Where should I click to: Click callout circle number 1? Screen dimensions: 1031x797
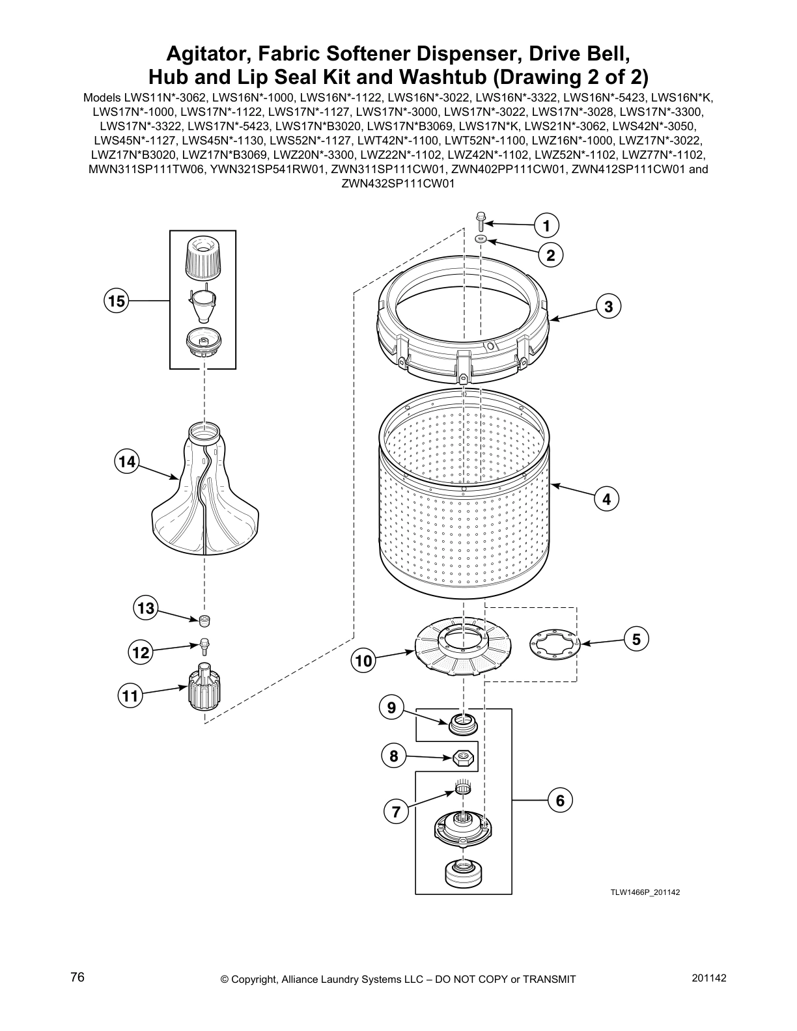click(x=546, y=226)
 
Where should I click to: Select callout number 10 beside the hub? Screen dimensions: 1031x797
click(x=363, y=661)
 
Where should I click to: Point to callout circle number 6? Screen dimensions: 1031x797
click(x=560, y=800)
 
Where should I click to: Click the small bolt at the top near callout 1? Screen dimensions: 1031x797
click(x=480, y=221)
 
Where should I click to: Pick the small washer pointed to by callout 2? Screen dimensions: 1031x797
click(x=481, y=240)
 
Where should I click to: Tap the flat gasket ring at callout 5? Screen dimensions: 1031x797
click(x=553, y=643)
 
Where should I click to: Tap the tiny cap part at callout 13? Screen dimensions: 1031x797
click(x=205, y=618)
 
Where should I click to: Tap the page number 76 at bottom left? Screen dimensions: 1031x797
click(x=77, y=978)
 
